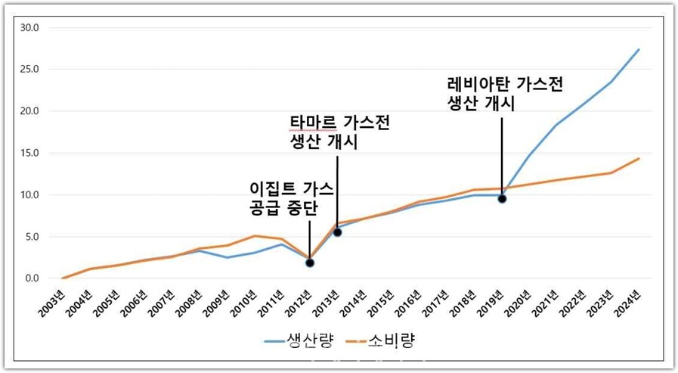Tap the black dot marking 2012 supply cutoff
pyautogui.click(x=310, y=263)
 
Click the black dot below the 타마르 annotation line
pyautogui.click(x=337, y=232)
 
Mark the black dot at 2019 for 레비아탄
pyautogui.click(x=502, y=199)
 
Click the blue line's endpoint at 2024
pyautogui.click(x=639, y=50)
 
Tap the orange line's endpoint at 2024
pyautogui.click(x=639, y=159)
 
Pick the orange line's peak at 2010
pyautogui.click(x=255, y=236)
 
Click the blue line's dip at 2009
pyautogui.click(x=227, y=257)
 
